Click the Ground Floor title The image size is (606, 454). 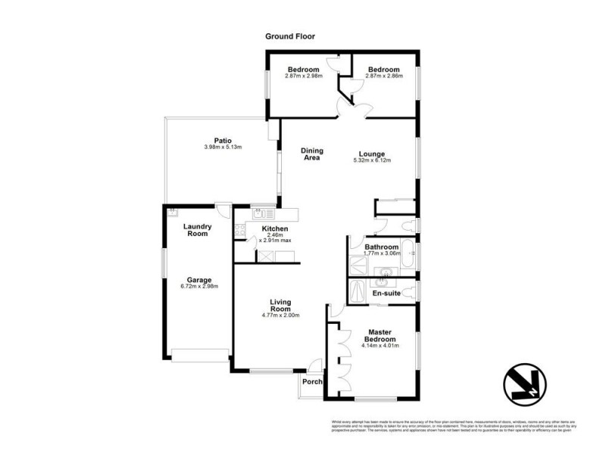[x=289, y=36]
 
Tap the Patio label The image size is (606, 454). [x=222, y=139]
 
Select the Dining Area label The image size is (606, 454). [x=311, y=154]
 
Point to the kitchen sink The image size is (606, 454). [x=257, y=214]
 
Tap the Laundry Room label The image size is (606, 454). [x=197, y=230]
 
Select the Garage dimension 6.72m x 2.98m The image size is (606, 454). [x=198, y=288]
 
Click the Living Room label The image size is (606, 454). [x=280, y=306]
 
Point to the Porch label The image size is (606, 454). [x=312, y=381]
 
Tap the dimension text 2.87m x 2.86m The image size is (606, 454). [x=384, y=76]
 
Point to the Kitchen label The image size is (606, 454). [x=274, y=229]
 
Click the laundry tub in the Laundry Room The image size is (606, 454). [x=173, y=212]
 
